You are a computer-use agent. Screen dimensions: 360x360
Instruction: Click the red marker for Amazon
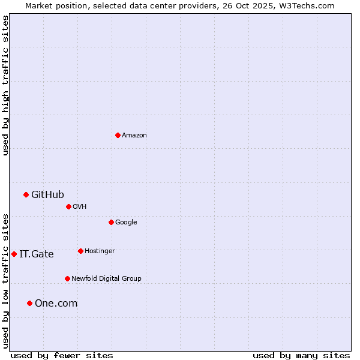[118, 135]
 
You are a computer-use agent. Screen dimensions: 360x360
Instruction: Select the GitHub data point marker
[26, 194]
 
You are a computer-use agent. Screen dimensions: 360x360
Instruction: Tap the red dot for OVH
[68, 206]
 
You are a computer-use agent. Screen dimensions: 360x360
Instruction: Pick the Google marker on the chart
[111, 222]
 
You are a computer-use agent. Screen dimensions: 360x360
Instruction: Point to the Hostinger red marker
[80, 251]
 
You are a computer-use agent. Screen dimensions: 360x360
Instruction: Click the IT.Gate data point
[14, 254]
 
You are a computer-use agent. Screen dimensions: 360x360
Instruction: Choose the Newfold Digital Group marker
[67, 278]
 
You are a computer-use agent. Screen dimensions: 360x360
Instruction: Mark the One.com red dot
[29, 303]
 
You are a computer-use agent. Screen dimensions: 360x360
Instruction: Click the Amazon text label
[134, 136]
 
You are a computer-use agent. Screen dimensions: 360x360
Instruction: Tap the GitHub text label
[47, 194]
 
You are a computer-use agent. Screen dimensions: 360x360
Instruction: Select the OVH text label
[80, 207]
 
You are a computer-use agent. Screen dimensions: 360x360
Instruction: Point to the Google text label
[126, 223]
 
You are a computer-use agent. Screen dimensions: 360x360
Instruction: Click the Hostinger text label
[100, 251]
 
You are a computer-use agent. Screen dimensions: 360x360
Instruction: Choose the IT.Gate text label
[37, 254]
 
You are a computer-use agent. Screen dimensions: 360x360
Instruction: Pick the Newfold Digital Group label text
[106, 279]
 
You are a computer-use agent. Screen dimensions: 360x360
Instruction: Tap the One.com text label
[56, 304]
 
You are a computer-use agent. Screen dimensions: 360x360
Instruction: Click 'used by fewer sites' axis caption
[62, 355]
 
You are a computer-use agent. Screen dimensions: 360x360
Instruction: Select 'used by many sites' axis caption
[301, 355]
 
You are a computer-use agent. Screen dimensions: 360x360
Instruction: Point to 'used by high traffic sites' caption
[5, 85]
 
